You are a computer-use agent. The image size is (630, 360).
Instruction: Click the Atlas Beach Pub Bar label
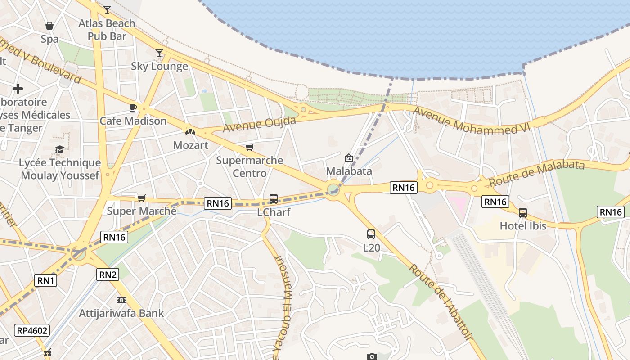click(x=107, y=30)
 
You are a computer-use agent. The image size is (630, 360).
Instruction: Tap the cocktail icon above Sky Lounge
click(x=159, y=53)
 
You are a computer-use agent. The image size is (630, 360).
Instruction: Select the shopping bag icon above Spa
click(x=49, y=26)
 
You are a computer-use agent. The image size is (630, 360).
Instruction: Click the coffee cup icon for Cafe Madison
click(x=133, y=108)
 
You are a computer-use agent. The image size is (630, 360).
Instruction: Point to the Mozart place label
click(x=191, y=145)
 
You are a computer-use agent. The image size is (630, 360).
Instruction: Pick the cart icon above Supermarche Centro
click(x=250, y=147)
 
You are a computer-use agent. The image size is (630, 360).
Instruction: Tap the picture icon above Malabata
click(x=348, y=158)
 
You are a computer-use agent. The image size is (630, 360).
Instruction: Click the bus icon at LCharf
click(x=273, y=198)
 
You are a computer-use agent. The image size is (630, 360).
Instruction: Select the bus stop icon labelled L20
click(x=371, y=234)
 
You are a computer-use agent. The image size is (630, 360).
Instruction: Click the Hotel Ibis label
click(x=523, y=226)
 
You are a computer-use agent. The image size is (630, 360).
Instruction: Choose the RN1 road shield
click(x=46, y=281)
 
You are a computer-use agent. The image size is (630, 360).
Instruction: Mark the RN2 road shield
click(x=108, y=274)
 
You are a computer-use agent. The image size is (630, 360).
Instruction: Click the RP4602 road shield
click(x=31, y=330)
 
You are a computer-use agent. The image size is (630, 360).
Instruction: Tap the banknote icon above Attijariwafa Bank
click(x=121, y=300)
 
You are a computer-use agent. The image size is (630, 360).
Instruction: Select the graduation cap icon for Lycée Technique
click(x=59, y=149)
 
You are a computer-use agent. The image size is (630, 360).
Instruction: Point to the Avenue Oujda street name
click(x=260, y=125)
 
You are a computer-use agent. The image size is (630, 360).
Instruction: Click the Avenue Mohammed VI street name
click(x=472, y=120)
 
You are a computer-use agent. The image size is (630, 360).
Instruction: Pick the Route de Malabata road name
click(x=536, y=173)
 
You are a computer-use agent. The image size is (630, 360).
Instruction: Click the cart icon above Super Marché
click(x=142, y=198)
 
